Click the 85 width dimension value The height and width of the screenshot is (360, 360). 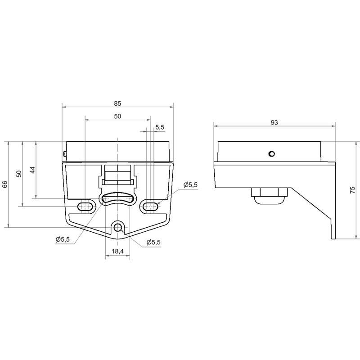(117, 103)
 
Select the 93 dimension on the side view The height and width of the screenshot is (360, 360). (274, 122)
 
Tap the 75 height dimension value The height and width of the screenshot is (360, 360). (352, 190)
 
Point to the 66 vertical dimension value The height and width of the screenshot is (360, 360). (5, 184)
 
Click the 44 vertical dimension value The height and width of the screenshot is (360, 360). (32, 170)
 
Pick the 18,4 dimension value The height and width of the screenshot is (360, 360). (117, 252)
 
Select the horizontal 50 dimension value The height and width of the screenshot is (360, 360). (117, 117)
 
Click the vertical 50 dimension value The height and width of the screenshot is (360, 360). (19, 174)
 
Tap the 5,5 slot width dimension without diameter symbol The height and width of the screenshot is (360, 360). (160, 127)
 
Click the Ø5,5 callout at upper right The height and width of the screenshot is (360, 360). (190, 185)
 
